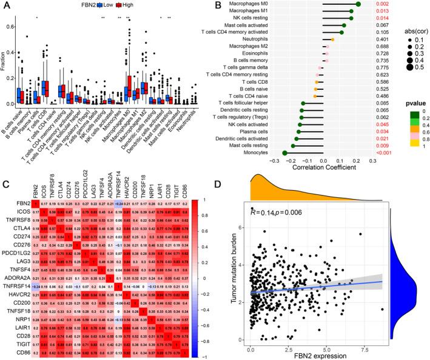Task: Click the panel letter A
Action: pos(5,5)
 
